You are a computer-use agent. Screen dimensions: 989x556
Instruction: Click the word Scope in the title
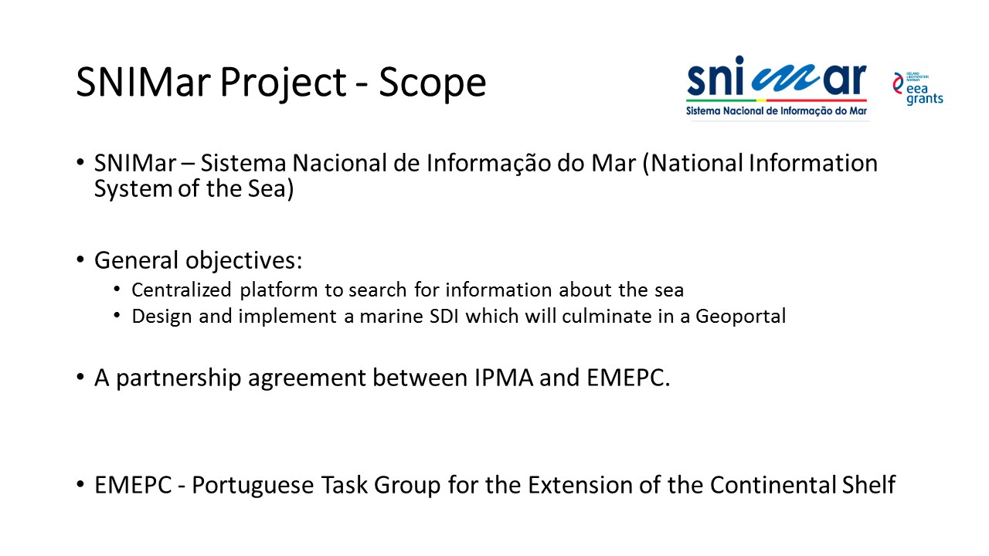pos(432,82)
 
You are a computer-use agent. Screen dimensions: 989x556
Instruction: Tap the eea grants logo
pos(918,88)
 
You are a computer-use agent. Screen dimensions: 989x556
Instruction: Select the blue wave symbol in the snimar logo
pos(786,78)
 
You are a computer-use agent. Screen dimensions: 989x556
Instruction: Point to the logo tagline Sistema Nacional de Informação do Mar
pos(777,110)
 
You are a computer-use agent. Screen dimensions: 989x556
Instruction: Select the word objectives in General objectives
pos(243,260)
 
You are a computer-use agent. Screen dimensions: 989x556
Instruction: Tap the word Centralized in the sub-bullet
pos(182,290)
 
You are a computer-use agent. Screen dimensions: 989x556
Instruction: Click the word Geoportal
pos(741,317)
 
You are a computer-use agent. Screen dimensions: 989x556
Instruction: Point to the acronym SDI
pos(444,317)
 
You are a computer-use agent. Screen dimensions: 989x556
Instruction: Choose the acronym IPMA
pos(504,378)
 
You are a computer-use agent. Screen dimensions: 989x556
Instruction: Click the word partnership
pos(178,378)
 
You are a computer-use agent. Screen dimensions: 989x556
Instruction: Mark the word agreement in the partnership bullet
pos(307,379)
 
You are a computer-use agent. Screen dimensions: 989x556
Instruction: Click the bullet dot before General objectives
pos(80,259)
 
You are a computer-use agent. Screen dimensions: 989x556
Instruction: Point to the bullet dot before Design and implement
pos(117,316)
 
